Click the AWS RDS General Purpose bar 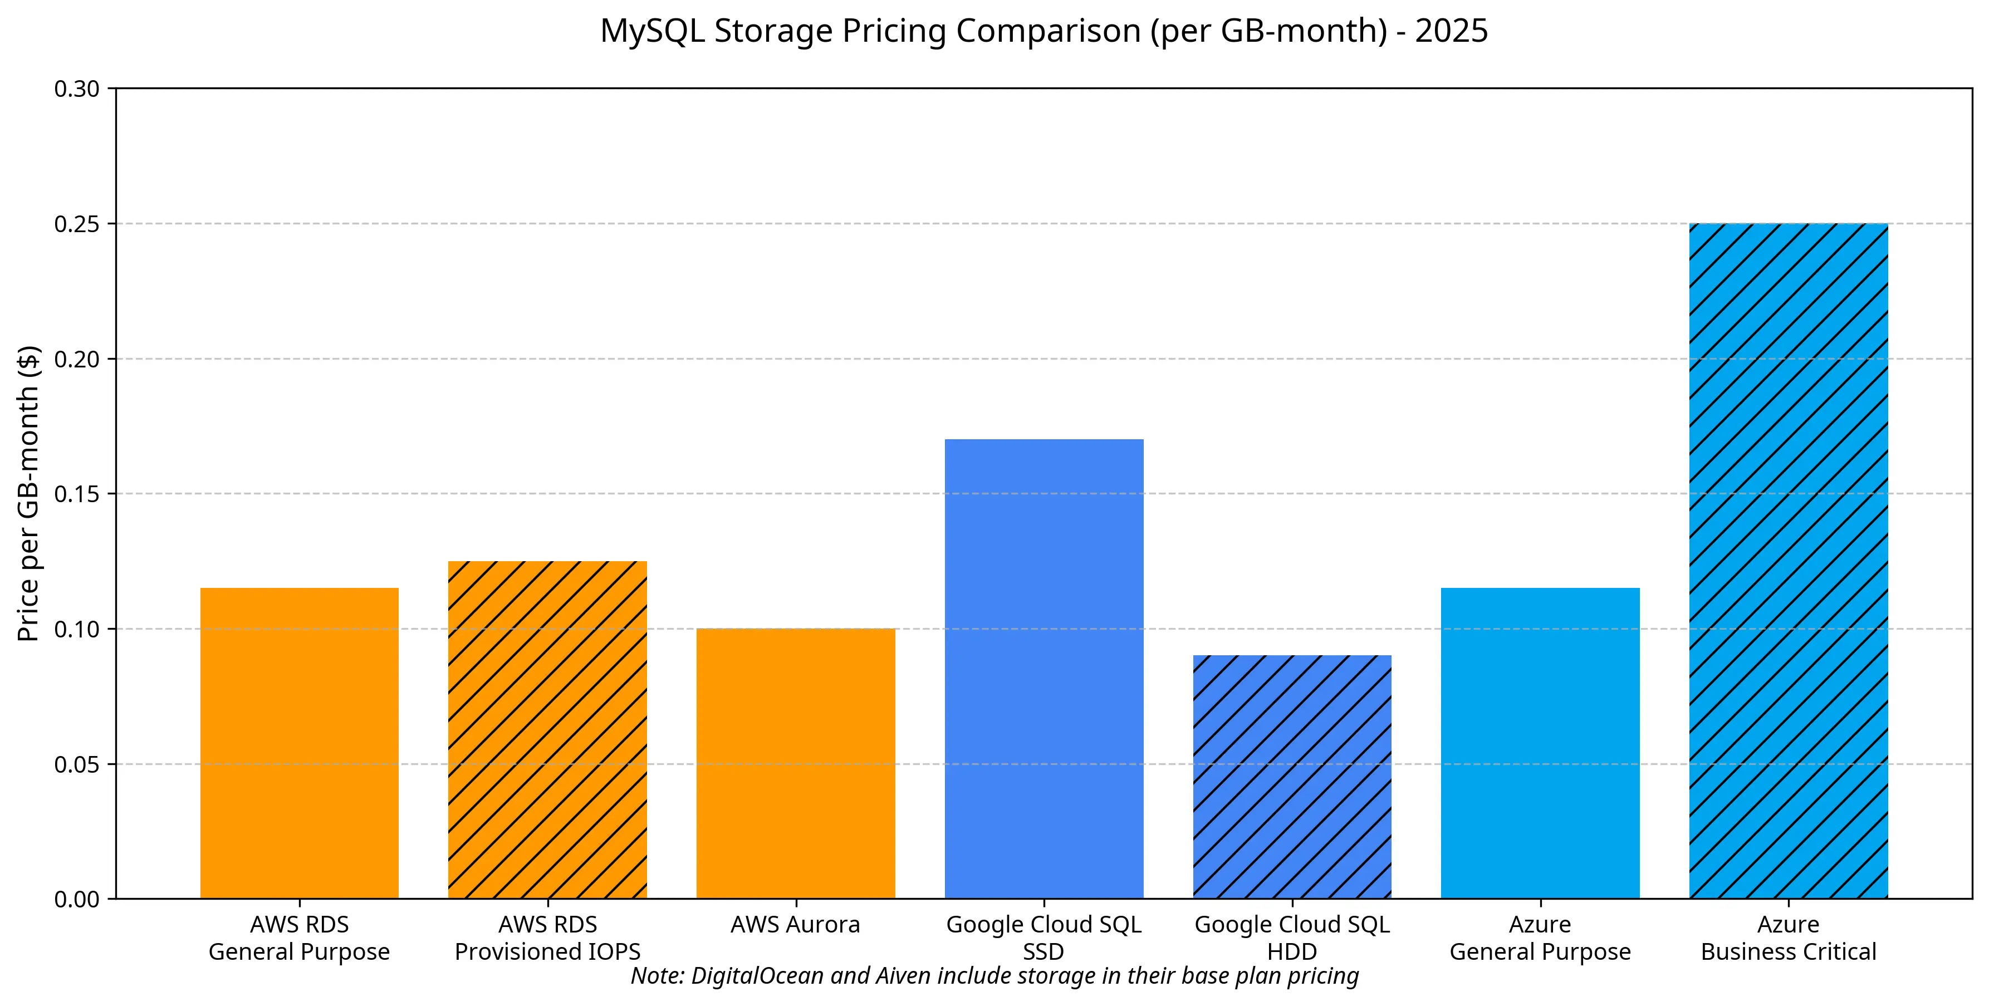click(300, 743)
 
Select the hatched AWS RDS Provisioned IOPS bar click(547, 730)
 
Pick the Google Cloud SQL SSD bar click(1044, 669)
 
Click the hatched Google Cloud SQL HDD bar click(1292, 777)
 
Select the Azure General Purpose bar click(1540, 743)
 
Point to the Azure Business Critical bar click(1788, 561)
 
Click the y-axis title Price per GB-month click(28, 494)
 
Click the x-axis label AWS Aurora click(795, 924)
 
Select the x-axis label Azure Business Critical click(1788, 938)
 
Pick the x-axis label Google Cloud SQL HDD click(1292, 938)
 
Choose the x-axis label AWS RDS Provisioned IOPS click(547, 938)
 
